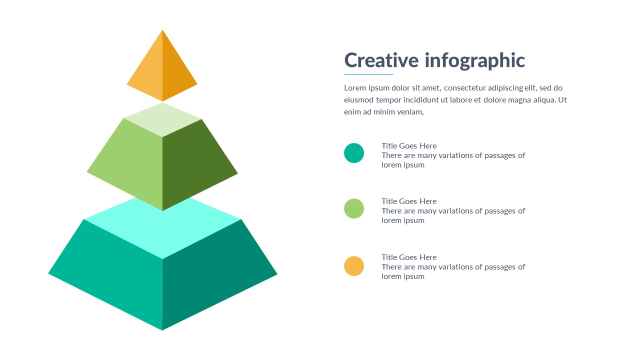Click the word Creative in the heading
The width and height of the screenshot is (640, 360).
click(x=381, y=60)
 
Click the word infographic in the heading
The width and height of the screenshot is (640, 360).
click(x=475, y=61)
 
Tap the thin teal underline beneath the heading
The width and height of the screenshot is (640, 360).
click(x=368, y=74)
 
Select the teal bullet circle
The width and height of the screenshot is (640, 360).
click(x=354, y=153)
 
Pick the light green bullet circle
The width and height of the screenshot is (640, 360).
click(x=354, y=208)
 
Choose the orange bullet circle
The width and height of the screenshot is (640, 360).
click(x=354, y=266)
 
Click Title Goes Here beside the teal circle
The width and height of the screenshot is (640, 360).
click(x=409, y=146)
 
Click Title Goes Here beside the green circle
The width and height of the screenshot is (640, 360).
click(x=409, y=201)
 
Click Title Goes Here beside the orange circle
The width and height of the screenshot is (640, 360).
click(x=409, y=257)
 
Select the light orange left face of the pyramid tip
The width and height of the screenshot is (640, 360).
click(x=148, y=74)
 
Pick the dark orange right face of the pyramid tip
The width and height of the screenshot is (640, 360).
click(x=175, y=74)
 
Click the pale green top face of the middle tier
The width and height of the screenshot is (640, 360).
click(x=162, y=119)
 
